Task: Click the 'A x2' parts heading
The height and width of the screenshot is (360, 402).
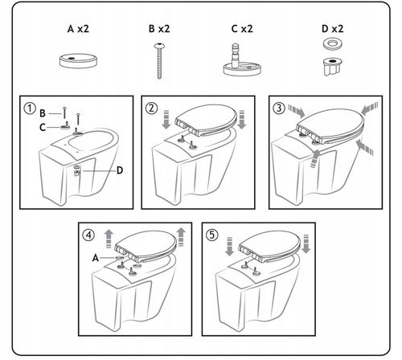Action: (x=78, y=29)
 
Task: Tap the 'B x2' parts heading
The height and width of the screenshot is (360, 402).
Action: (x=159, y=29)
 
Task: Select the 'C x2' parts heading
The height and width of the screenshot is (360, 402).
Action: (x=242, y=29)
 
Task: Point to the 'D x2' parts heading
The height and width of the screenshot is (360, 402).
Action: (x=332, y=29)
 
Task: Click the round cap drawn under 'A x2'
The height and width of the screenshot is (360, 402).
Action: (x=78, y=60)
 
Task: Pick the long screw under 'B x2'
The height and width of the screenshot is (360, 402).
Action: (x=159, y=61)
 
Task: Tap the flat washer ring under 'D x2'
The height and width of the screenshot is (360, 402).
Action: (x=333, y=44)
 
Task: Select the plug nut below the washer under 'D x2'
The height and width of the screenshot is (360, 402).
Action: (x=333, y=66)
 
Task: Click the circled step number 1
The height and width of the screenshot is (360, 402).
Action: (x=30, y=108)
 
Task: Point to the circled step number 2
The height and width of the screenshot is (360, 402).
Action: (x=151, y=108)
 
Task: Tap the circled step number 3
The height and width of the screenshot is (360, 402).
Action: (x=279, y=108)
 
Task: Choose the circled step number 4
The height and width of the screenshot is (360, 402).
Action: (x=88, y=235)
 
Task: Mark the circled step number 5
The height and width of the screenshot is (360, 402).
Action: (x=212, y=235)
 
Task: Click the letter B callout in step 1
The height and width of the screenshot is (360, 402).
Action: (x=43, y=113)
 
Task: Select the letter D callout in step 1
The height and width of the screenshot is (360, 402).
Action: (x=120, y=170)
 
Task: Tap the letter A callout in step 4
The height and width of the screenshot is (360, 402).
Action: (x=96, y=258)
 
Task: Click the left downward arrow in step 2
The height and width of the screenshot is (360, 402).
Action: (x=166, y=119)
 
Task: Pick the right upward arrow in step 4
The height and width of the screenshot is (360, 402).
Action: (x=181, y=237)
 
